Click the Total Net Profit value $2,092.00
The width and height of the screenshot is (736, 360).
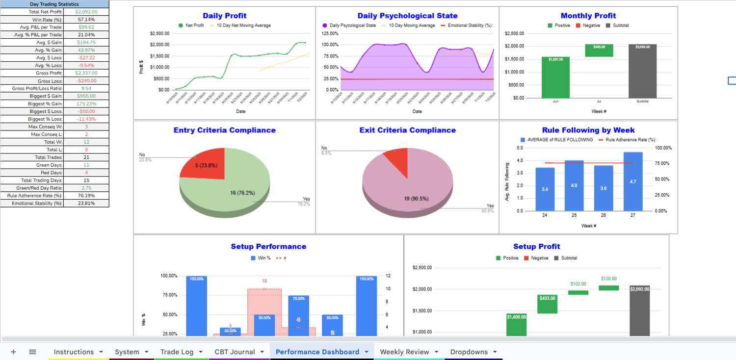coord(86,12)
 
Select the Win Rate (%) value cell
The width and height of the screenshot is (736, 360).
coord(86,20)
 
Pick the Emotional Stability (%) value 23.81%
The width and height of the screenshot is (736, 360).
coord(86,203)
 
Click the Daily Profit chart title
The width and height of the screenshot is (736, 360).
coord(225,16)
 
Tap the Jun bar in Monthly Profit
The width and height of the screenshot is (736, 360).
coord(555,77)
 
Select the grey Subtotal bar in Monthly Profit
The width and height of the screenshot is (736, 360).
coord(642,71)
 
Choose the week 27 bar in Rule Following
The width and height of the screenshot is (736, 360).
coord(633,181)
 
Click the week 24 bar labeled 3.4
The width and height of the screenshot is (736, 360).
coord(545,189)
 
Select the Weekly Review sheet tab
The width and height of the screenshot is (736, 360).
coord(404,352)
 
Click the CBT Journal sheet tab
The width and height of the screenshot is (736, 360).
coord(235,352)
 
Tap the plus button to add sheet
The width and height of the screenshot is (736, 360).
coord(13,352)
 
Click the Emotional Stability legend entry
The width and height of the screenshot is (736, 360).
coord(469,26)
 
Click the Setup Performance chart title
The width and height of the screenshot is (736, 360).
coord(268,247)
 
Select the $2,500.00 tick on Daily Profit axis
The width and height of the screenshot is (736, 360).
coord(160,33)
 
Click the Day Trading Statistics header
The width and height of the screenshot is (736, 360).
coord(54,4)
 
